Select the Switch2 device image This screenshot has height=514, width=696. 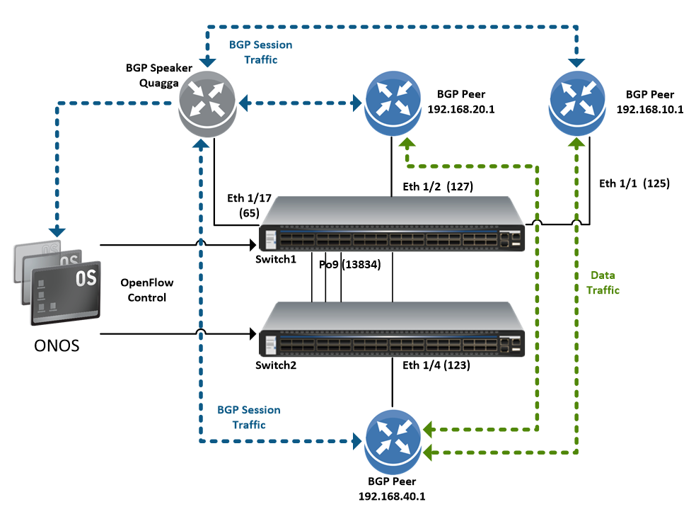click(393, 329)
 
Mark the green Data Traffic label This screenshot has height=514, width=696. click(603, 282)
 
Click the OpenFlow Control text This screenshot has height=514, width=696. click(146, 290)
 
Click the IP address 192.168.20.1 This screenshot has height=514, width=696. click(461, 110)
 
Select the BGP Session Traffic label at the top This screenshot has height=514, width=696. click(260, 52)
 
